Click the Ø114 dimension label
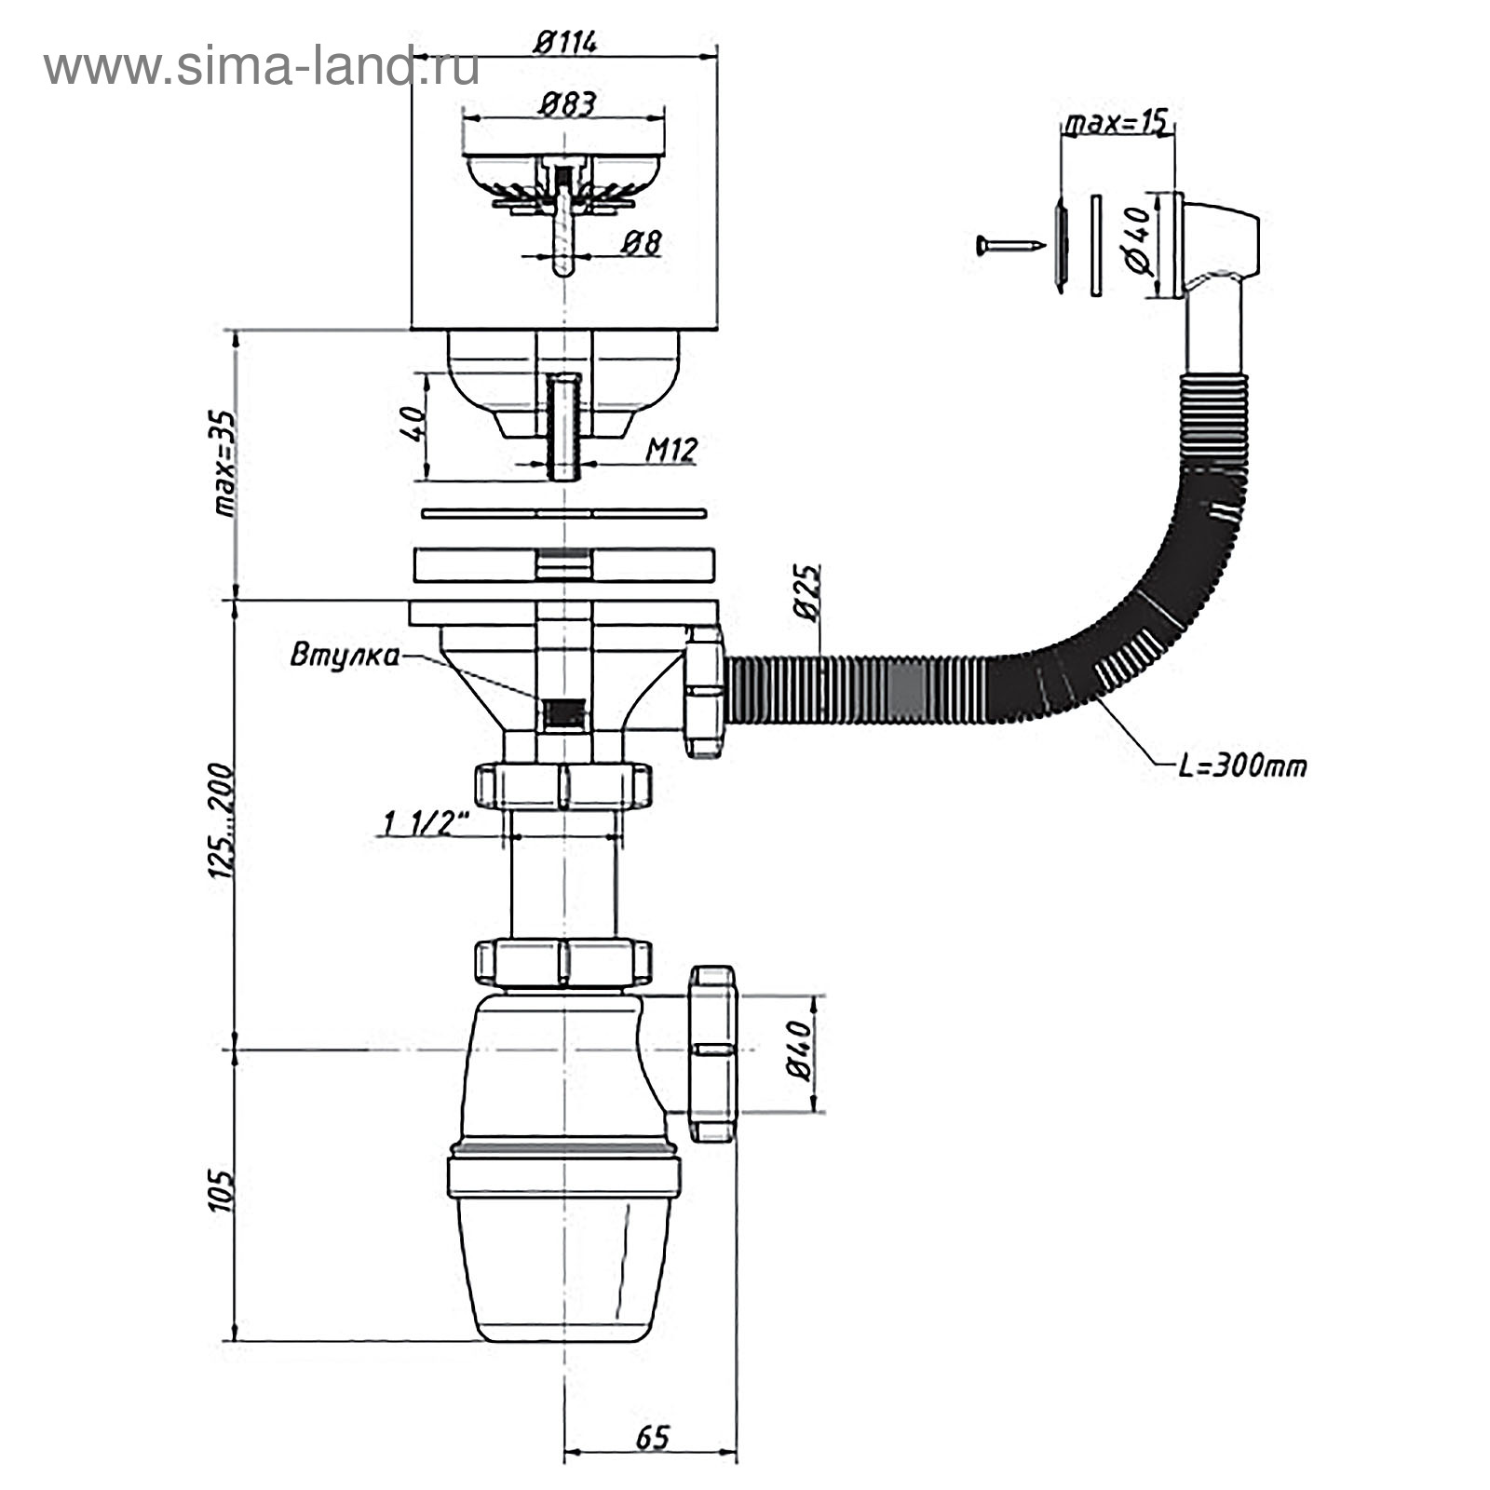coord(565,42)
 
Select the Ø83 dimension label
coord(566,102)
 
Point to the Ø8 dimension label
coord(641,243)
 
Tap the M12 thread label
coord(671,451)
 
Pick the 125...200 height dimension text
coord(221,821)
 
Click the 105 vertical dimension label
coord(221,1190)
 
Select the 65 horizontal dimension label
coord(652,1437)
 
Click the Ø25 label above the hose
coord(806,592)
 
